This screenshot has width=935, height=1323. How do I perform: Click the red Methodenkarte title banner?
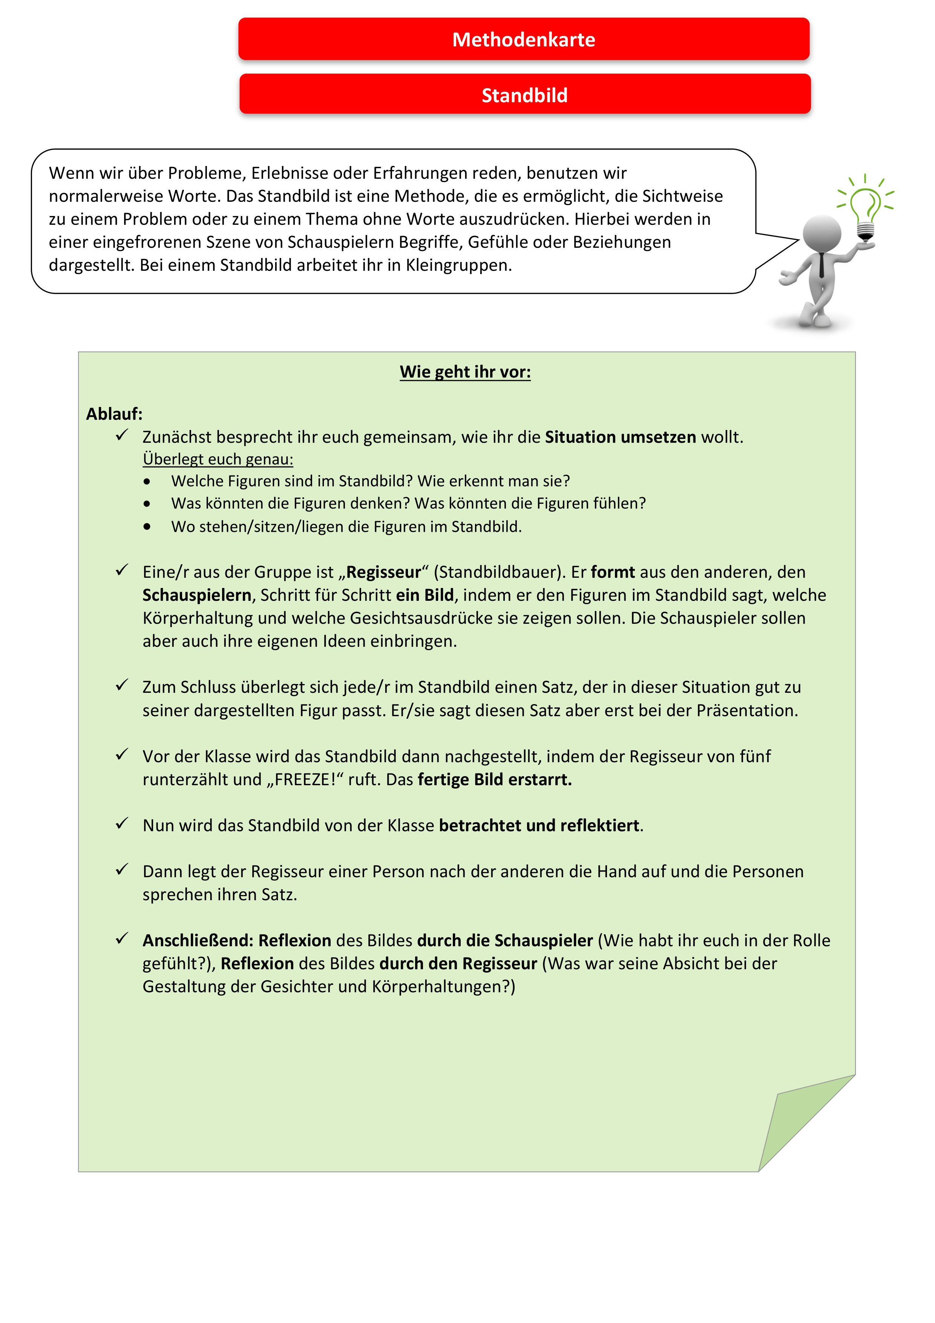click(524, 39)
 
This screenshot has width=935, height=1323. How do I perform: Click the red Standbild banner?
click(525, 95)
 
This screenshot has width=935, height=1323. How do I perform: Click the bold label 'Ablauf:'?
click(114, 414)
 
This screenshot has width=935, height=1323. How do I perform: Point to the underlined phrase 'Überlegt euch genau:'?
click(218, 459)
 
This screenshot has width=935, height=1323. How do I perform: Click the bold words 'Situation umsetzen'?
click(621, 437)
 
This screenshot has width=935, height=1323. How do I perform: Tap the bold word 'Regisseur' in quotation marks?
click(384, 572)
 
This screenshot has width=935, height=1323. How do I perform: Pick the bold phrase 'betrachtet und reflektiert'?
click(539, 826)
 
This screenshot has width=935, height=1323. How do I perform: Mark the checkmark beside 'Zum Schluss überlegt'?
click(121, 685)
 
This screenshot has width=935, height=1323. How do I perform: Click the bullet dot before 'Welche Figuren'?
click(147, 482)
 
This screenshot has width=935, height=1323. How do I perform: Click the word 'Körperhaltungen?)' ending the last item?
click(444, 987)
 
